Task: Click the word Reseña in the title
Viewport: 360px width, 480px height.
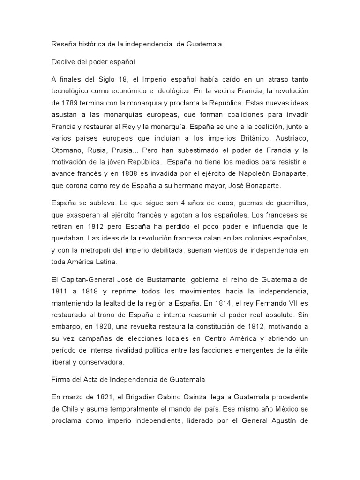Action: pyautogui.click(x=61, y=45)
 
